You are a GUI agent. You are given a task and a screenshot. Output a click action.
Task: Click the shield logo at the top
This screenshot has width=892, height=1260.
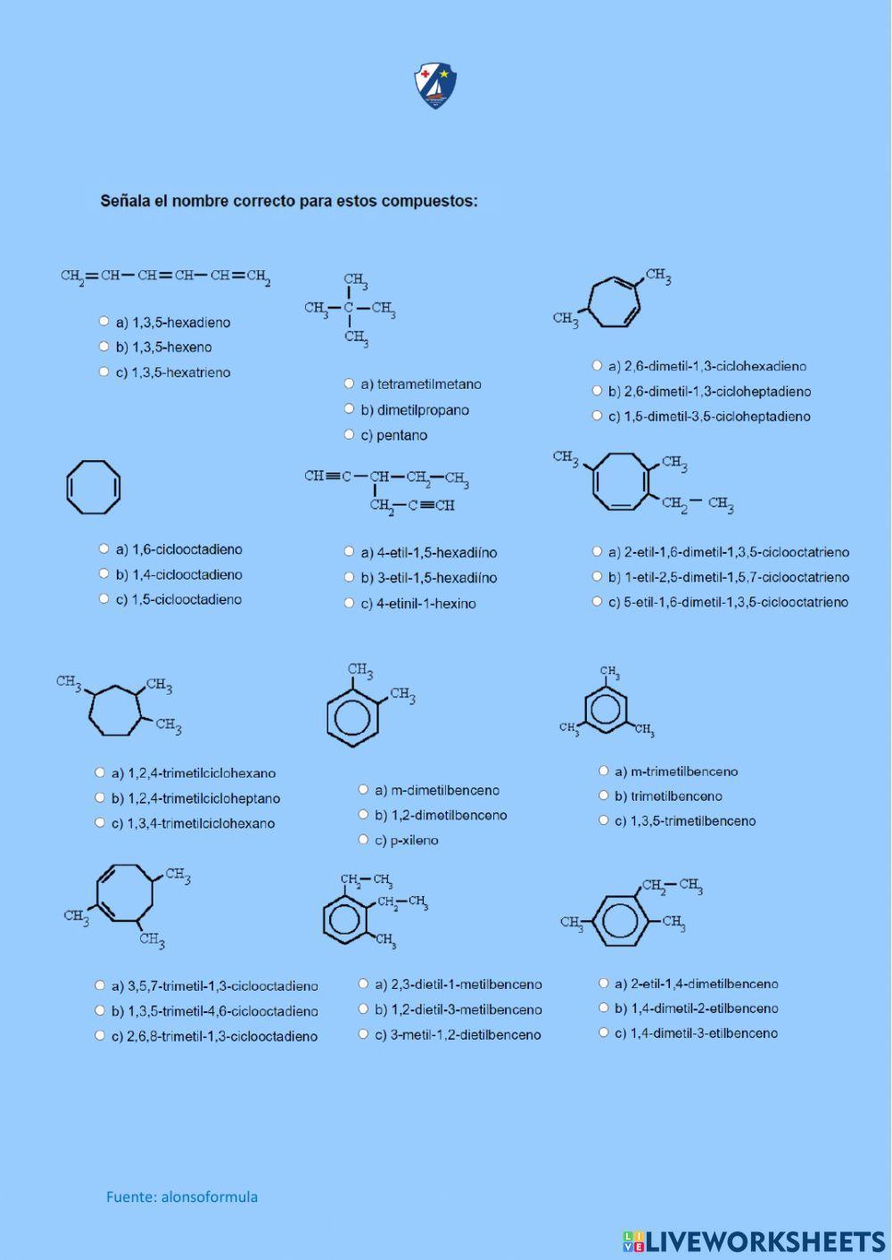coord(435,86)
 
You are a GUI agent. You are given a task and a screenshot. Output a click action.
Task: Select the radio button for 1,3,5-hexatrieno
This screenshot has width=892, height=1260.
coord(103,372)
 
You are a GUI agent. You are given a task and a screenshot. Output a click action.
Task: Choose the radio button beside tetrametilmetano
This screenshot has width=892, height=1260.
coord(349,383)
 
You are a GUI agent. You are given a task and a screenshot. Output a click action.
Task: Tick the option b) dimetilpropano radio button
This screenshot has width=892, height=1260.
coord(349,409)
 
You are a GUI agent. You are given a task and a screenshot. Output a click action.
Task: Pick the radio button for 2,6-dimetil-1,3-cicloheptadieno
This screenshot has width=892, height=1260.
coord(597,391)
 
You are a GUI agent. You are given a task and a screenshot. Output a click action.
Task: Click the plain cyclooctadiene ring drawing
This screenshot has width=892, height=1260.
coord(93,487)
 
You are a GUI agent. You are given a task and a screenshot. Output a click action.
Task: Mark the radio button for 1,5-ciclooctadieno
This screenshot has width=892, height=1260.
coord(103,599)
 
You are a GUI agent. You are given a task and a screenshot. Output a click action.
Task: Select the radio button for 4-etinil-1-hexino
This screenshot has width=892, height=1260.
coord(349,603)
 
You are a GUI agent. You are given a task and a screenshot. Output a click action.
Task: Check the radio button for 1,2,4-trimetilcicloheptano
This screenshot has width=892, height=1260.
coord(100,798)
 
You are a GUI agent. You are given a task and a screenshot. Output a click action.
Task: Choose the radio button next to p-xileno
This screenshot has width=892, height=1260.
coord(363,839)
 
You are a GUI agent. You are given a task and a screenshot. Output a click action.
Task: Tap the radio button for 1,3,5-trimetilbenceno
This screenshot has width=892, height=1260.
coord(603,820)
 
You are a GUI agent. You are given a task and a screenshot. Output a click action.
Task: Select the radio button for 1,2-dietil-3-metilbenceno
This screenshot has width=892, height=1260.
coord(363,1009)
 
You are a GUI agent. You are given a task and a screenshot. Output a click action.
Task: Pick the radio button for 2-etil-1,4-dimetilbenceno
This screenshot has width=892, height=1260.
coord(603,984)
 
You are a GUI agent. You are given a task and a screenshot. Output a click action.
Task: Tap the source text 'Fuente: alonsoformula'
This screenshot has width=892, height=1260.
coord(182,1197)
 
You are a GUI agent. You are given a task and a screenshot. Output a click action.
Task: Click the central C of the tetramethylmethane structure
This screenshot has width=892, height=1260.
coord(349,309)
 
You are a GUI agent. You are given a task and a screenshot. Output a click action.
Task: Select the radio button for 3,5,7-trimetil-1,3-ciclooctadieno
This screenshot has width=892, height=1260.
coord(100,985)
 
